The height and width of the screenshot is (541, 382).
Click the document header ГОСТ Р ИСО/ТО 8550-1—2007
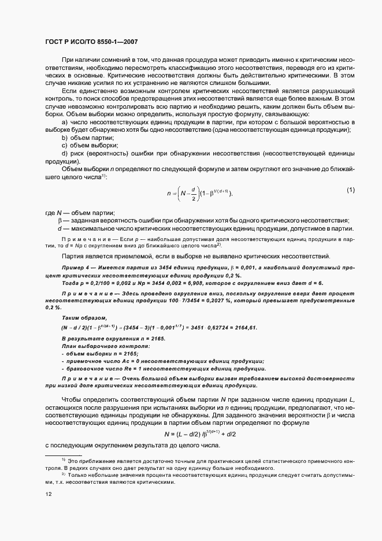91,42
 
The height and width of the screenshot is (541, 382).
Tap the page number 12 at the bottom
48,494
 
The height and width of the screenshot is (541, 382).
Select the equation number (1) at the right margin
350,190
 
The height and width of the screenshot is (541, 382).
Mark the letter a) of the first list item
64,139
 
